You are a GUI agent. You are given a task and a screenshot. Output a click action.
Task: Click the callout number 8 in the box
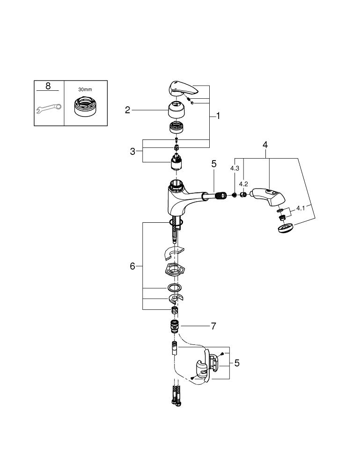[48, 86]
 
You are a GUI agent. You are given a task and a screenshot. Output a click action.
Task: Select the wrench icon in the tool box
[48, 109]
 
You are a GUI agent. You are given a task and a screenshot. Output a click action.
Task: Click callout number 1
[218, 116]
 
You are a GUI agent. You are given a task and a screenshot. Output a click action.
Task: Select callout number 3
[132, 151]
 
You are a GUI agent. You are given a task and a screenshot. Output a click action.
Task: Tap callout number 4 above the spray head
[265, 145]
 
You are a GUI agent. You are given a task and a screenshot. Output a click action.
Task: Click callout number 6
[132, 266]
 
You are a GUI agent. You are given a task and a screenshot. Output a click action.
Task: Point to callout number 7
[213, 326]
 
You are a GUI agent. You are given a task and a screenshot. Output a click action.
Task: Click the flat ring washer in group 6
[174, 287]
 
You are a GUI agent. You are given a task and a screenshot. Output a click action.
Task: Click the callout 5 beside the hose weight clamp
[237, 363]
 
